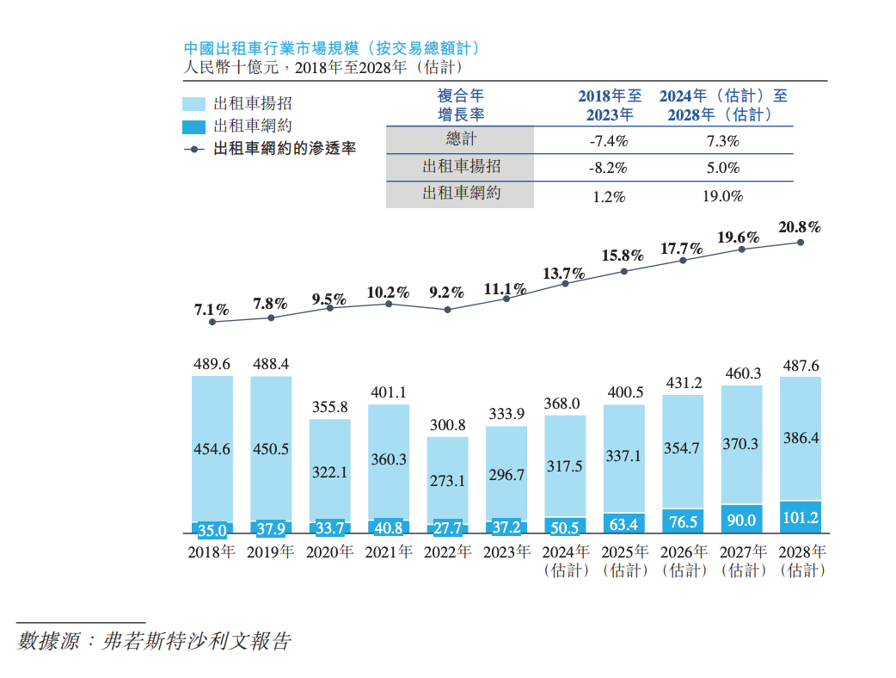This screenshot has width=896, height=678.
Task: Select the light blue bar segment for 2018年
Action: pos(212,447)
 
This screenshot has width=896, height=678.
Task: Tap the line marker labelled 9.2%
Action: pos(447,309)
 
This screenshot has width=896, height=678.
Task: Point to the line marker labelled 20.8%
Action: pos(801,243)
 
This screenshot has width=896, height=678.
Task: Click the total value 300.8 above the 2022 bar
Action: pos(447,425)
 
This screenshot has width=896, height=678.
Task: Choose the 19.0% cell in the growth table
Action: pos(722,196)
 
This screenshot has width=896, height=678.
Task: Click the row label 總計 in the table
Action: pos(461,140)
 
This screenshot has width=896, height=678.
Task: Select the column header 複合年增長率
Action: pos(461,105)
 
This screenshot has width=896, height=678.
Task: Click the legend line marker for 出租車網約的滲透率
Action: pos(194,149)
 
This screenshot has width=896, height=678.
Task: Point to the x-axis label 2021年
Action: pos(388,552)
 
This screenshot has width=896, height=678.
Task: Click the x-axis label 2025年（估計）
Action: pos(623,561)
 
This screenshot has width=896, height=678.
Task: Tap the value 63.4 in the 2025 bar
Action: pos(623,523)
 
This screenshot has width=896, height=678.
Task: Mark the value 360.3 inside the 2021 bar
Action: pos(389,459)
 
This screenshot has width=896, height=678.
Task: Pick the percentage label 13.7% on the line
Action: pos(564,274)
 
